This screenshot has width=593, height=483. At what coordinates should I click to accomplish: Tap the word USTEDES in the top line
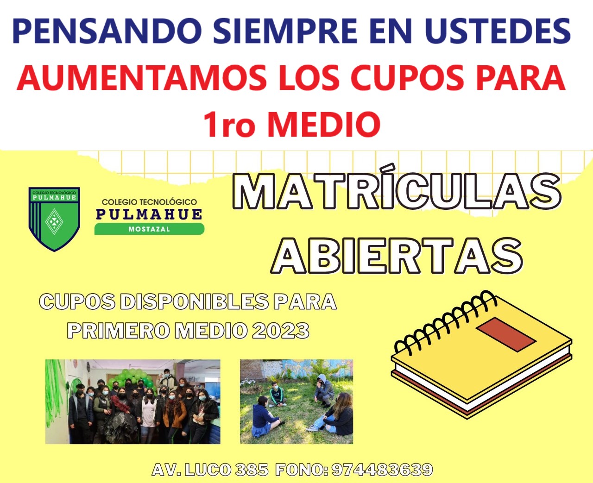coord(498,31)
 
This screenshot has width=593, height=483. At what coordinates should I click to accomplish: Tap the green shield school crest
coord(54,219)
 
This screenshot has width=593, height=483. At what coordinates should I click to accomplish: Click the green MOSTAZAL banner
coord(149,229)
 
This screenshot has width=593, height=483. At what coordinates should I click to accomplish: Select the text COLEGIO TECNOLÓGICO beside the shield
coord(149,202)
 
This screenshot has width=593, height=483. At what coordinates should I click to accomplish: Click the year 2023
coord(281,331)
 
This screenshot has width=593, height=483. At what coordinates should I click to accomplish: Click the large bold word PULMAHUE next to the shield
coord(149,214)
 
